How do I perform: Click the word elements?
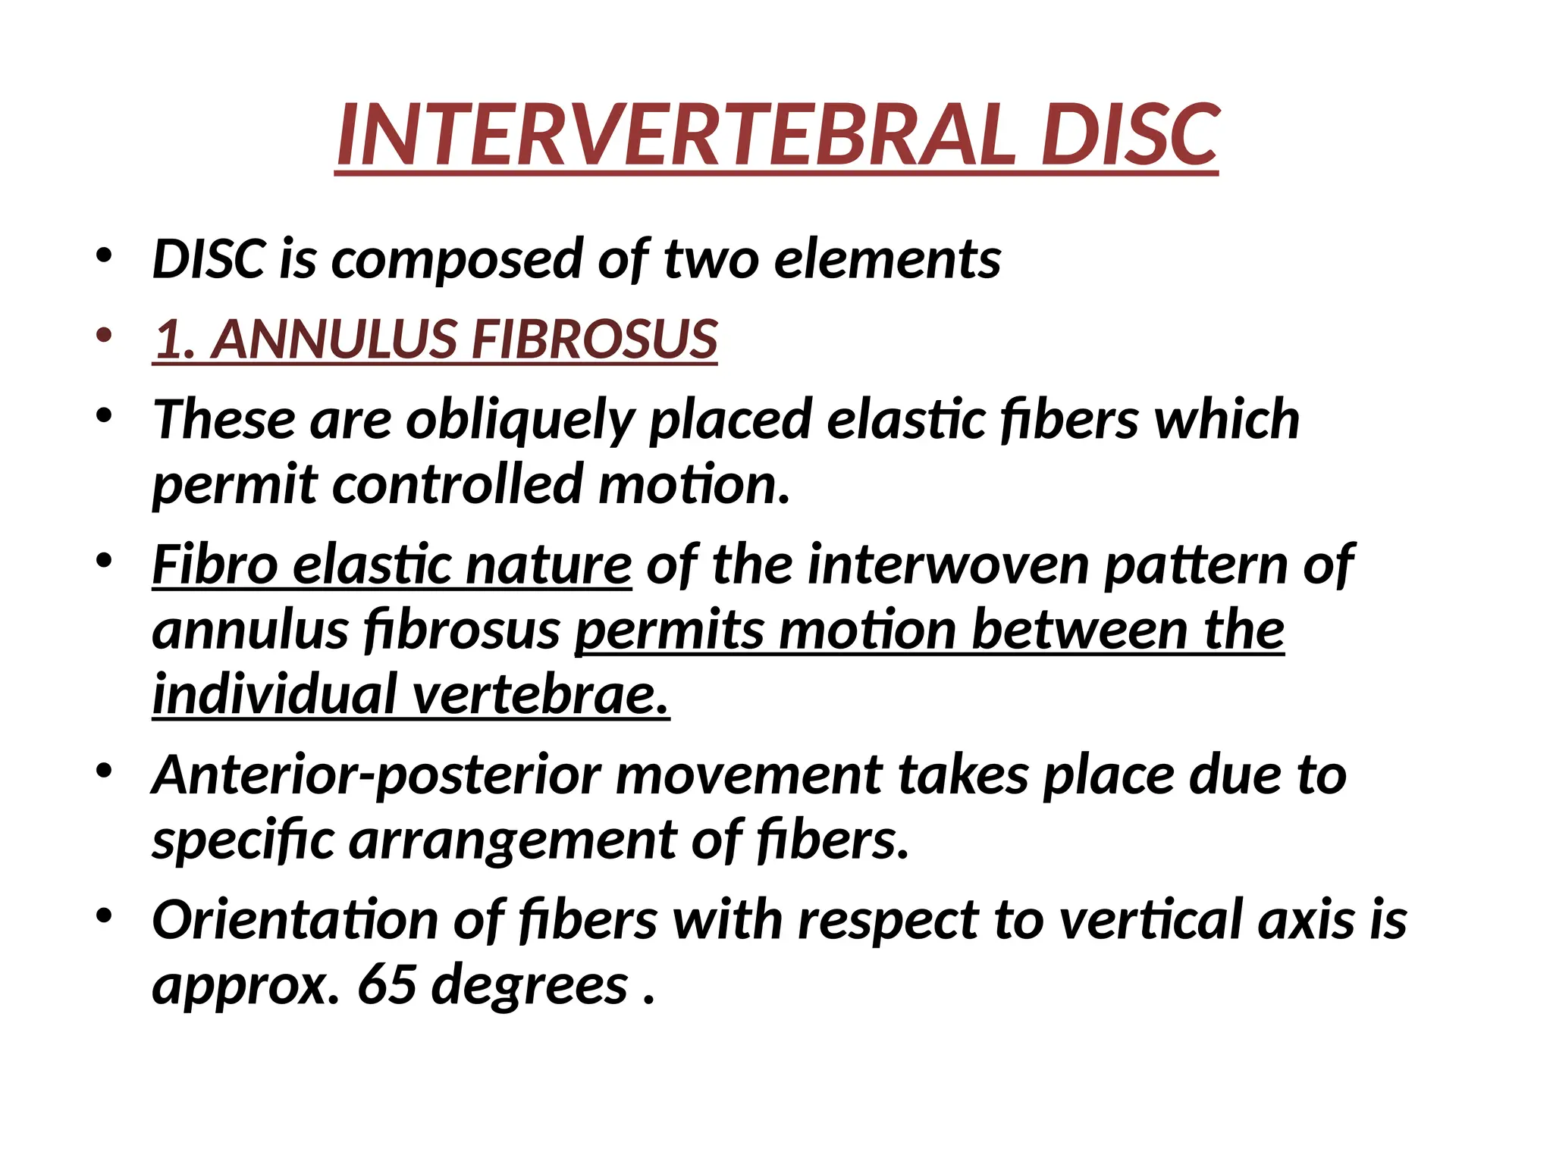[886, 260]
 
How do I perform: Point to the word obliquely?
[519, 420]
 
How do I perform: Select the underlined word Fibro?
[215, 565]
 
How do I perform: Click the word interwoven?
[948, 565]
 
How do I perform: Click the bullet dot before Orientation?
[105, 916]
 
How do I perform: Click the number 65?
[387, 985]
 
